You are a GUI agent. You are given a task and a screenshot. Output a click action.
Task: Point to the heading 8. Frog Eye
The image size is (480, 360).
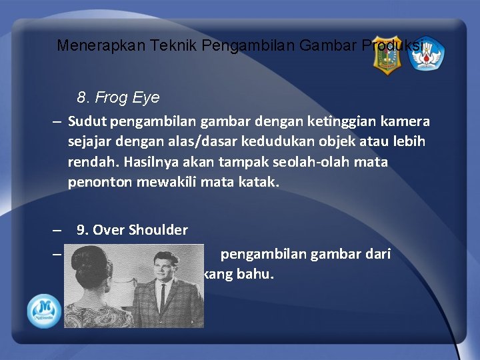click(118, 97)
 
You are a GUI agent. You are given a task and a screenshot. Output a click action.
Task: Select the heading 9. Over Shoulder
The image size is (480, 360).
click(132, 230)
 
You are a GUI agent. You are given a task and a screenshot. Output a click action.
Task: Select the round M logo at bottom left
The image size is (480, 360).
click(45, 311)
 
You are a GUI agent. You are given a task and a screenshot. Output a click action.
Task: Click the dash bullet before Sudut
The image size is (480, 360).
click(58, 122)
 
